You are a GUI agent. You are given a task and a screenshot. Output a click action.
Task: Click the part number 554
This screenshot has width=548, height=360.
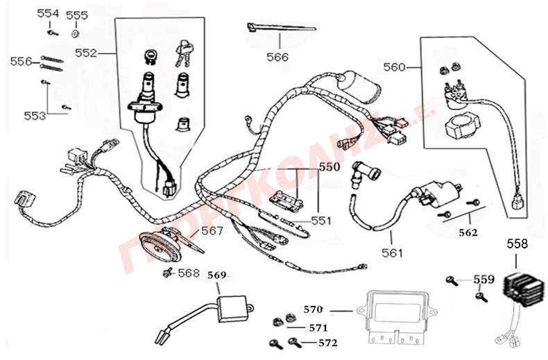(48, 13)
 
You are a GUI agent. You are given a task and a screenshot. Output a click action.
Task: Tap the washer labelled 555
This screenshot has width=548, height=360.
(76, 32)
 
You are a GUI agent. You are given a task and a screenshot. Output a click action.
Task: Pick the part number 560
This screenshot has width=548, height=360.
(395, 68)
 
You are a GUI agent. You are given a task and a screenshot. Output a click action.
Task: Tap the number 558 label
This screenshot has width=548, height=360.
(517, 243)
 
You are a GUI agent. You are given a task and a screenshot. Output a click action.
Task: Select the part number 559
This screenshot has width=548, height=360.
(484, 280)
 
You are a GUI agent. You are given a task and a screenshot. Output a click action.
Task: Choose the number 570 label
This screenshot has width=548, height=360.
(314, 309)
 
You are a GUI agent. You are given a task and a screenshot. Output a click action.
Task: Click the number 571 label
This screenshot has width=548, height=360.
(318, 327)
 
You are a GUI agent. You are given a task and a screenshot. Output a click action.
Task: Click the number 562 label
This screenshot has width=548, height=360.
(468, 233)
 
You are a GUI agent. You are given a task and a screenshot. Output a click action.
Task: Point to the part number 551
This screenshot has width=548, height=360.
(321, 221)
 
